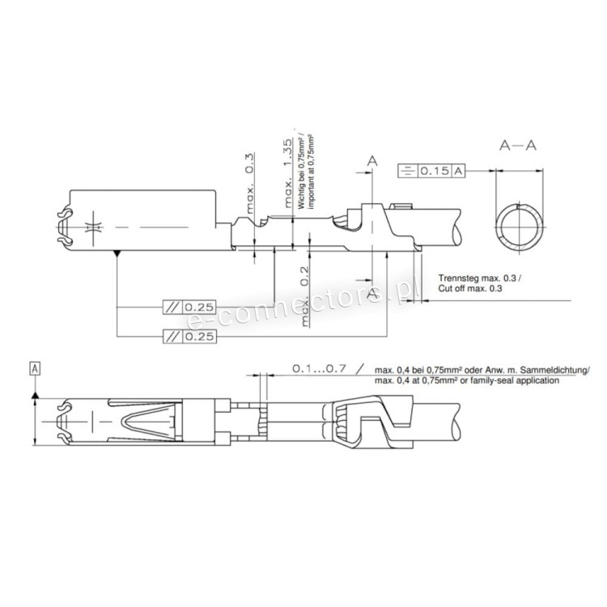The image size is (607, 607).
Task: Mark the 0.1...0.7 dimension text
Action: click(x=319, y=368)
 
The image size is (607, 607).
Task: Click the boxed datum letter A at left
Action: click(x=35, y=369)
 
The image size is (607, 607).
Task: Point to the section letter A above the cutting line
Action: click(x=372, y=162)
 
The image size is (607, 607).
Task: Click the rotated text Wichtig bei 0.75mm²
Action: click(x=301, y=170)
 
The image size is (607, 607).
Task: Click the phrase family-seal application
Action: click(x=521, y=380)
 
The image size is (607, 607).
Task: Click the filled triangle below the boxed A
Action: click(x=35, y=392)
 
